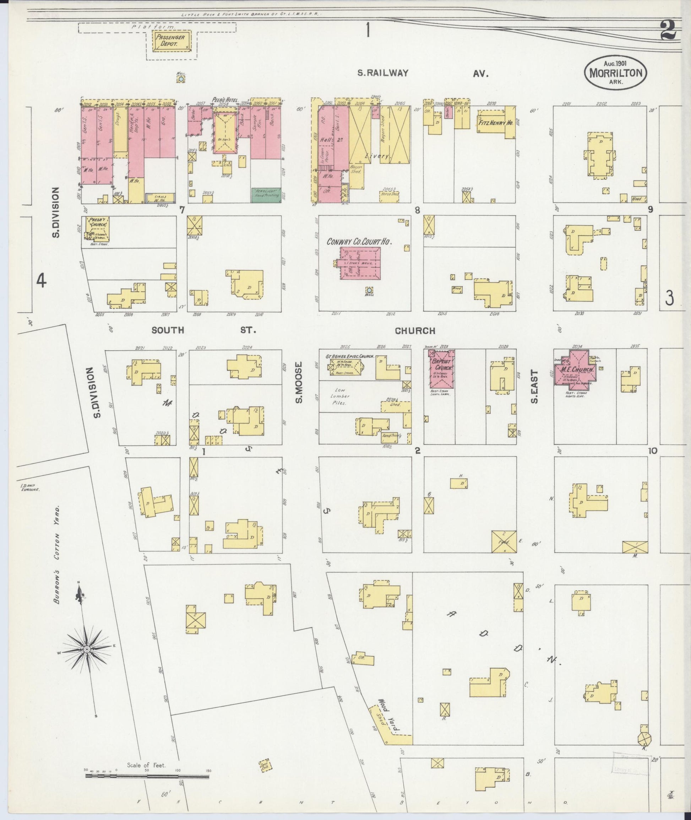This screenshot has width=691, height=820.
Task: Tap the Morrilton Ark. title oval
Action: pos(615,73)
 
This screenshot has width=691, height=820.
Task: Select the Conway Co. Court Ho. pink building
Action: pos(360,263)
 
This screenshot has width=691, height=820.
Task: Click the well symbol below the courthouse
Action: pos(369,291)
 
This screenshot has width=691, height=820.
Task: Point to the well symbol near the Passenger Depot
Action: pos(181,79)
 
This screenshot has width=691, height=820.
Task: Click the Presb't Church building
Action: pos(95,228)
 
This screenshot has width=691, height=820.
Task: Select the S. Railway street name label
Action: pos(383,73)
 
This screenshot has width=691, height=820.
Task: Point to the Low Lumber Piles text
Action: pos(340,396)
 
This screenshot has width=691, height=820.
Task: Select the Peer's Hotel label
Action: pos(225,100)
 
